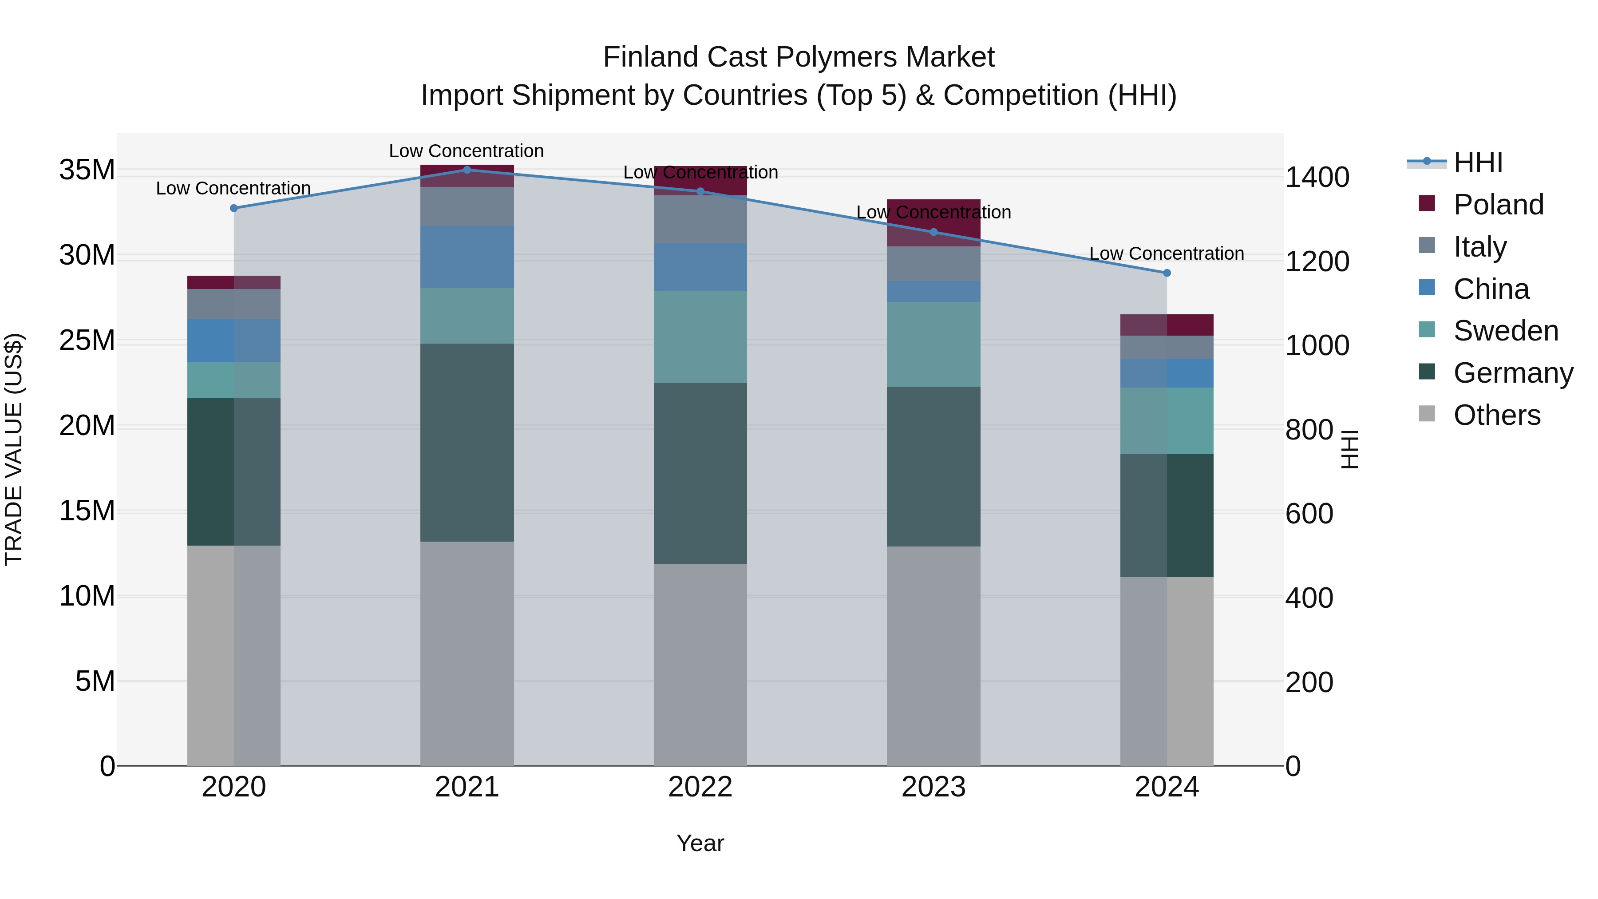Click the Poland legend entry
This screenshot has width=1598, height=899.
pos(1498,205)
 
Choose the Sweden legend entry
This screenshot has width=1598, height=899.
pos(1506,331)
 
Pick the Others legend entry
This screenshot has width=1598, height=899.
pos(1497,415)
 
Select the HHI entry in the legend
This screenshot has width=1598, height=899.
pos(1478,162)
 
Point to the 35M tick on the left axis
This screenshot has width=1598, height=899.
pos(87,170)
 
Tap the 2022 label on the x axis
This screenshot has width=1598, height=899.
pos(700,787)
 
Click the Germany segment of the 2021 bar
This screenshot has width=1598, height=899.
pos(467,442)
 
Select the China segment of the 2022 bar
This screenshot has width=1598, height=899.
pos(700,267)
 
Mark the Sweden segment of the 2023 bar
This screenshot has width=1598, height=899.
pos(933,345)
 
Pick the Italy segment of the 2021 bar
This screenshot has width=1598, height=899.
pos(467,206)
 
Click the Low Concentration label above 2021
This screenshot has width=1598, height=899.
pos(467,151)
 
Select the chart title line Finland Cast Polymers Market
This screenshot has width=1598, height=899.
pos(799,58)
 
